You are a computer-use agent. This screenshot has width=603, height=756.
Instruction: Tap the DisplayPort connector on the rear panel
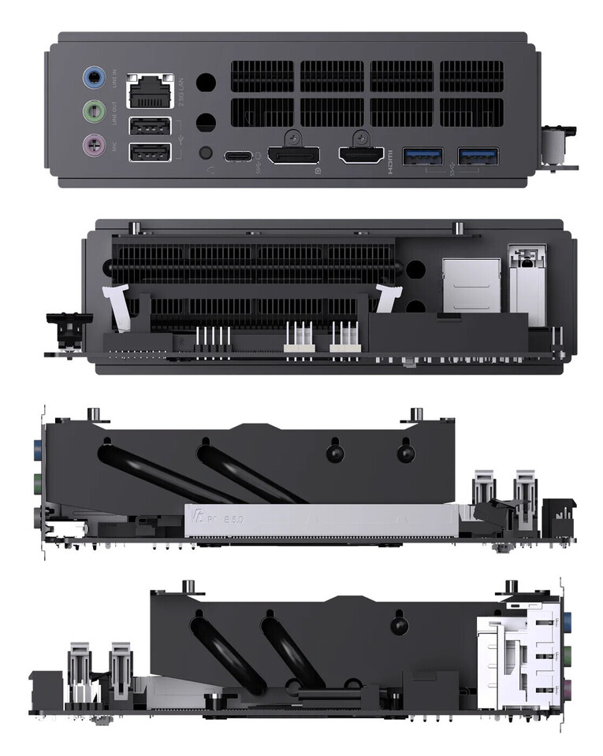[293, 154]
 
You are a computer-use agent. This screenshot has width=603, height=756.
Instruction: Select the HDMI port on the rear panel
[362, 154]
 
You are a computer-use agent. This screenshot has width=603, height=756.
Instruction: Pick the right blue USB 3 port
[478, 155]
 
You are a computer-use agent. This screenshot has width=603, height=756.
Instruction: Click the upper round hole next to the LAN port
[206, 83]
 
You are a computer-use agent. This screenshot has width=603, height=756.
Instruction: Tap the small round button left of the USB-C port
[207, 154]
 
